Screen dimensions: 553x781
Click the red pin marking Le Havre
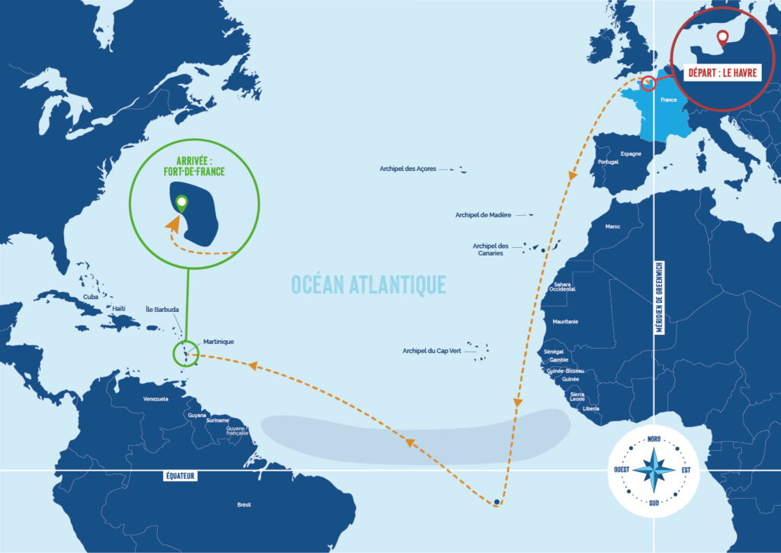point(722,37)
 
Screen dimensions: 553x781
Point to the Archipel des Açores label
point(408,169)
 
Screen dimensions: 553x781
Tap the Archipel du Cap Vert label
point(432,351)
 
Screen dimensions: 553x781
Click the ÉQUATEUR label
point(181,476)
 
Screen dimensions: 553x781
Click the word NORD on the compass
point(654,439)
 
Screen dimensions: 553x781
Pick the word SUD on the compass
point(654,503)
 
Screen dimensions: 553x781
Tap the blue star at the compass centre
point(654,471)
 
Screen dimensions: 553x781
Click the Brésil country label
point(244,504)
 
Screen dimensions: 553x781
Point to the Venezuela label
point(155,399)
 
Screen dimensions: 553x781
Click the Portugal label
point(609,162)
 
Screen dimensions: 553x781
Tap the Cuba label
point(91,296)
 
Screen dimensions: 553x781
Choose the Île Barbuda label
point(162,309)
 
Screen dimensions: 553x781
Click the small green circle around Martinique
point(185,354)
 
